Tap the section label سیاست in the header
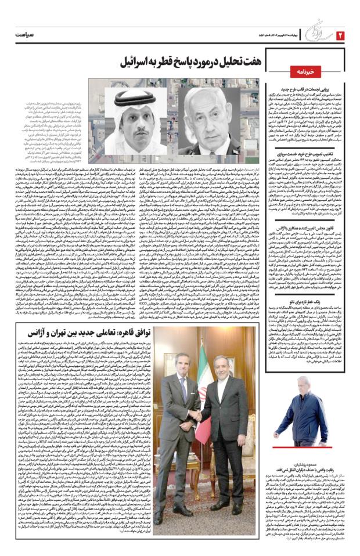tap(28, 35)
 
